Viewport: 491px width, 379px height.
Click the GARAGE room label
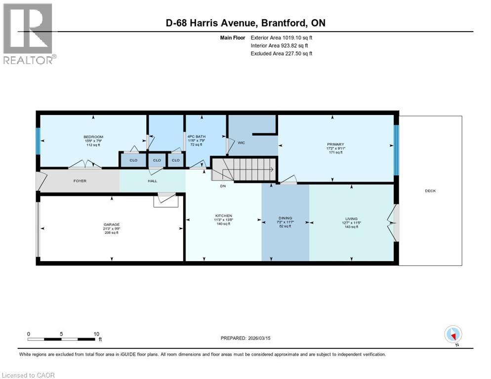111,225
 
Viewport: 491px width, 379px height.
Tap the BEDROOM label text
93,137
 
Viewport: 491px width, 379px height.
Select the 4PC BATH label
194,137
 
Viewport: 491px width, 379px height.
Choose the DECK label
430,191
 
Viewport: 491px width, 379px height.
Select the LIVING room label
351,218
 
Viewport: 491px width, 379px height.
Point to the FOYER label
80,181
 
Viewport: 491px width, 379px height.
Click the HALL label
152,181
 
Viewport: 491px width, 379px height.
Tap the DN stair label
223,187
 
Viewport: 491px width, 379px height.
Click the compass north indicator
453,335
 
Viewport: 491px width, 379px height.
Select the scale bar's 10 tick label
96,334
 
